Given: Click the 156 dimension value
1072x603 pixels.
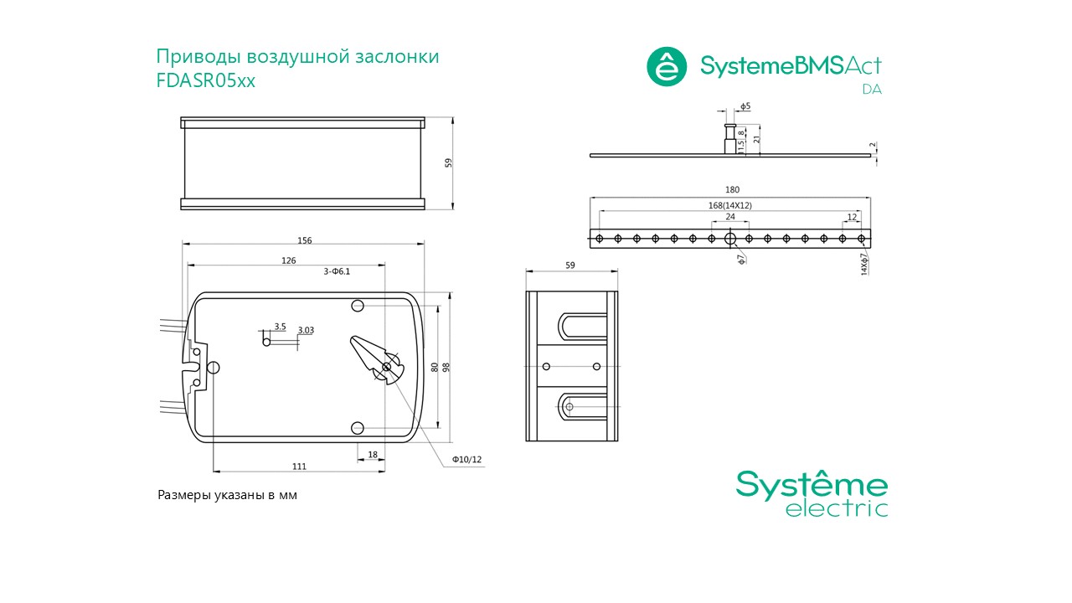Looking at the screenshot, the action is point(304,240).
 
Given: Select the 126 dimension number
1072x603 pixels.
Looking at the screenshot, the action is point(289,260).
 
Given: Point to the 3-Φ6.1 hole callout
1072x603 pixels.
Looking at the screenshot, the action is point(337,271).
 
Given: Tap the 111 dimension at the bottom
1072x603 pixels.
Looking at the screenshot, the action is point(299,466).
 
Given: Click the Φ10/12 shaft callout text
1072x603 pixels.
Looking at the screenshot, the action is point(467,460).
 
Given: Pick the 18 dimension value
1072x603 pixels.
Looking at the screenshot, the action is point(373,455).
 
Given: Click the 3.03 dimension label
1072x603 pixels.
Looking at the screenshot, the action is point(306,330).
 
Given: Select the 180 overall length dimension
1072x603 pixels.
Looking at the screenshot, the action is point(732,189).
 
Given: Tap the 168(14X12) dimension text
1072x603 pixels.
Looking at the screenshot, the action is point(729,205).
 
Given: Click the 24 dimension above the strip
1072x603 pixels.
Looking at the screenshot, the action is point(730,217).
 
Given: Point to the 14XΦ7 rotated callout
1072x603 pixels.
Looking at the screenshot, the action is point(864,264).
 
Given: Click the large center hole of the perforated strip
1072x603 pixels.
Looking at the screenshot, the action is point(730,239).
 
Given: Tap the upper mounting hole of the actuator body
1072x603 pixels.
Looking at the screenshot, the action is point(358,306).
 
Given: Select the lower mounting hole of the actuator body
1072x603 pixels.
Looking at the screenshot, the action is point(358,428).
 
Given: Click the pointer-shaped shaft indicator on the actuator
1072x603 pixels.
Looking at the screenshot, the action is point(376,359).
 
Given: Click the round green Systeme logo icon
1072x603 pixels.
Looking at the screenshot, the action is point(667,66).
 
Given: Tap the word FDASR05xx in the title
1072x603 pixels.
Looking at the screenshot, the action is point(206,80).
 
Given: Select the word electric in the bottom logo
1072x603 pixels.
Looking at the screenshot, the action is point(837,508).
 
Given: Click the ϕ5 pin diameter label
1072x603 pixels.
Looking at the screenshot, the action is point(745,106).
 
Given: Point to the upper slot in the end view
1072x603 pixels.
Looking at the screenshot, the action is point(582,327).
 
